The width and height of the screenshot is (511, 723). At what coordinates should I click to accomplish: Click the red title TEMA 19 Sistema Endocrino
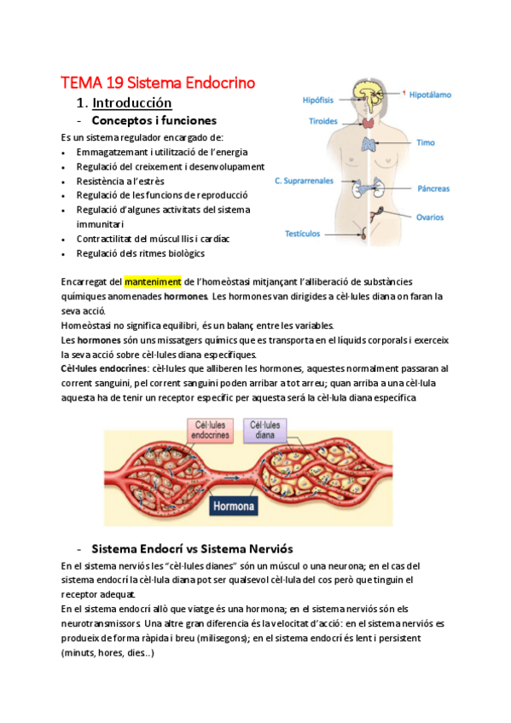pyautogui.click(x=158, y=83)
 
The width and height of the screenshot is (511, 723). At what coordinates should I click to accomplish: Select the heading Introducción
pyautogui.click(x=131, y=103)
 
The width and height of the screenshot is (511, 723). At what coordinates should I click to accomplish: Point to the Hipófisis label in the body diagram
pyautogui.click(x=318, y=100)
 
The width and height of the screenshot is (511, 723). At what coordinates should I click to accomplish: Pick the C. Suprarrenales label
pyautogui.click(x=306, y=181)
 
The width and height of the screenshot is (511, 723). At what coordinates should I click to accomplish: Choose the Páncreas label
pyautogui.click(x=434, y=188)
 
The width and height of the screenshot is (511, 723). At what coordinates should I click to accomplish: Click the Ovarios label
pyautogui.click(x=430, y=217)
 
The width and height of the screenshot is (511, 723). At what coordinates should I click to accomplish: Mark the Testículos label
pyautogui.click(x=302, y=233)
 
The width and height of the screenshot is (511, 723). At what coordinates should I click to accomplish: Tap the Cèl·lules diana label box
pyautogui.click(x=265, y=428)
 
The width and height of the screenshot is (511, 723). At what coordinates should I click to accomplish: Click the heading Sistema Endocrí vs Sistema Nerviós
pyautogui.click(x=191, y=548)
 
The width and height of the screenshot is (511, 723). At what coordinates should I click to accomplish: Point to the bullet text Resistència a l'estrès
pyautogui.click(x=120, y=181)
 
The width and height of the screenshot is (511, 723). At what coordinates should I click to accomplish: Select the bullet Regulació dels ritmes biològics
pyautogui.click(x=140, y=253)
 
